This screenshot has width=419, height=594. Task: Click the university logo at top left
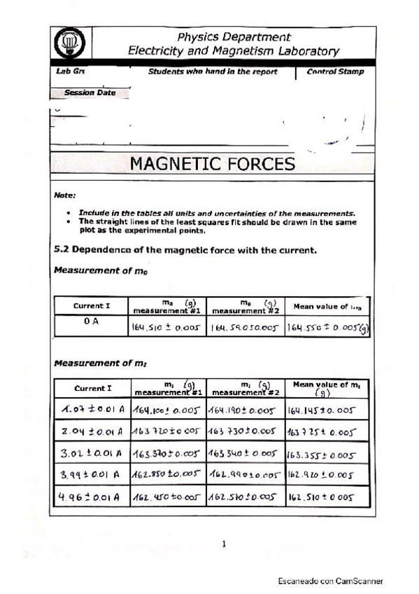coord(70,44)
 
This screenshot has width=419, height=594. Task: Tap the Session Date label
coord(90,92)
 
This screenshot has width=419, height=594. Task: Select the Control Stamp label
coord(335,71)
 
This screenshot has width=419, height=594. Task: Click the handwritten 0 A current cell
coord(92,322)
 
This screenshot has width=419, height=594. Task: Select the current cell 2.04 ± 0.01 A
coord(92,430)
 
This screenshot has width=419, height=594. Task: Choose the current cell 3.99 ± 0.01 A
coord(92,476)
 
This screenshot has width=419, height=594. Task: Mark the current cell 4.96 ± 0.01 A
coord(92,499)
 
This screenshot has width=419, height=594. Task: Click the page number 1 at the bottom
coord(224,543)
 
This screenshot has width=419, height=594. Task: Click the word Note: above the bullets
coord(65,195)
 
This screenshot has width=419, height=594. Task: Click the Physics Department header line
coord(234,36)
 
